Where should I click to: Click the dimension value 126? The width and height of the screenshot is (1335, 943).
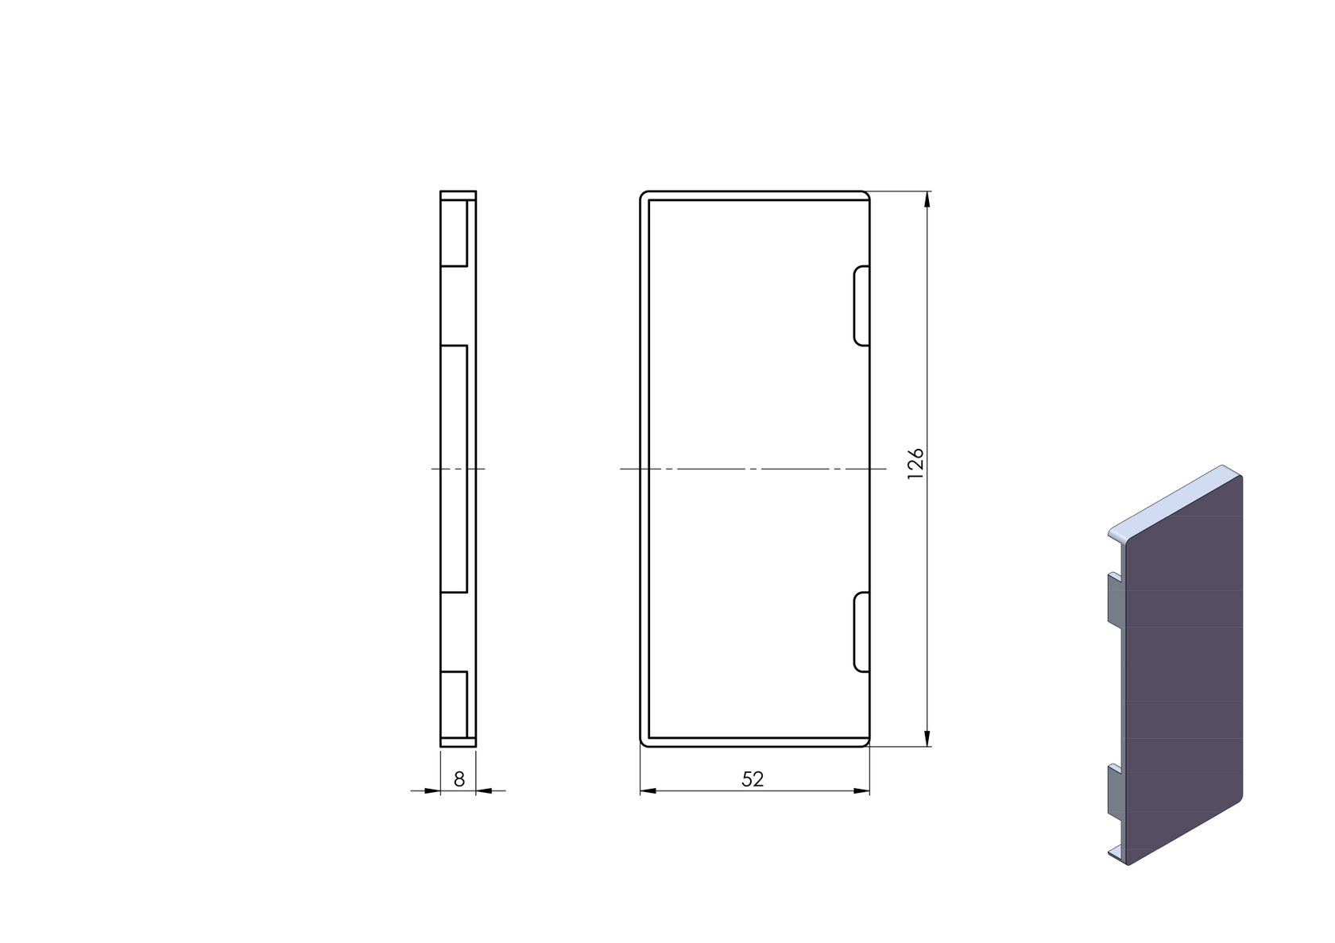915,463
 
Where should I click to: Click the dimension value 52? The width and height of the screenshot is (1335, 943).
752,779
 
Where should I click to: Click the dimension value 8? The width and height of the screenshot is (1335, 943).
459,779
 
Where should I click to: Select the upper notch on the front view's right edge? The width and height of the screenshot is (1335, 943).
861,306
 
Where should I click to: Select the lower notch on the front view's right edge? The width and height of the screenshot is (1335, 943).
861,632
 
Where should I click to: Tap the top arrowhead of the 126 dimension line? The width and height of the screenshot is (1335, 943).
927,199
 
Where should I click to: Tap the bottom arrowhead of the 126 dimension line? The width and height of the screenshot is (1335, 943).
927,739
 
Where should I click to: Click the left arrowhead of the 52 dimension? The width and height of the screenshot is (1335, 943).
648,790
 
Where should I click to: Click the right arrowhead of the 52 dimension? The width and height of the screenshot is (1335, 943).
861,790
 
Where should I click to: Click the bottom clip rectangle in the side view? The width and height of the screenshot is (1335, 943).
454,704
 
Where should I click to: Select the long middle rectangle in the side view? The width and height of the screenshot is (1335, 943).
454,469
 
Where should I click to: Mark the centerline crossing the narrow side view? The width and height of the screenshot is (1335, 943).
459,469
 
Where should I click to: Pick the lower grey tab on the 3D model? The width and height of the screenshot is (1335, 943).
1114,794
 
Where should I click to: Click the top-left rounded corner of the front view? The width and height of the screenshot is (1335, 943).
643,195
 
